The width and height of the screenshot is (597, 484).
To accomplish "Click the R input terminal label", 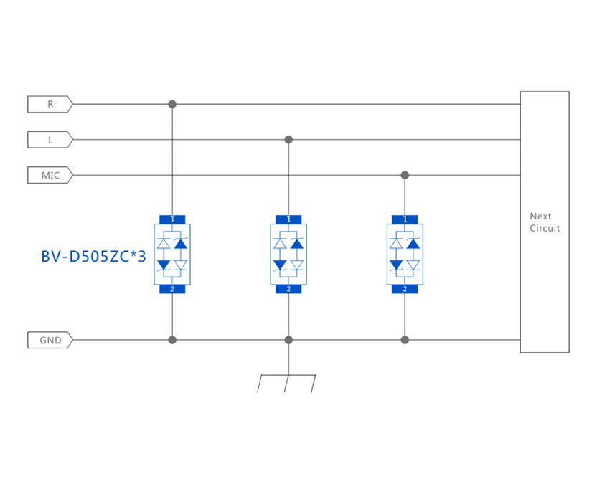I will pos(50,104).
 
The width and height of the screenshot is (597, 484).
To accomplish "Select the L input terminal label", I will pos(50,140).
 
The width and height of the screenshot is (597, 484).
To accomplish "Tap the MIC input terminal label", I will pos(50,175).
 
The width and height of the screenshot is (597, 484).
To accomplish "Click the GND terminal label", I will pos(50,340).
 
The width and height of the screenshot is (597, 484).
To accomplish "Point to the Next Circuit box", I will pos(545,222).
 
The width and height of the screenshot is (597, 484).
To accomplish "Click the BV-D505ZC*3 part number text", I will pos(93,256).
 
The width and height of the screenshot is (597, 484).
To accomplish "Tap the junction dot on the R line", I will pos(172,104).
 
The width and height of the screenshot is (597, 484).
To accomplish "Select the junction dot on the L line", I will pos(288,140).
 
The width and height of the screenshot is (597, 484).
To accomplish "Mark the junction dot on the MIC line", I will pos(405,175).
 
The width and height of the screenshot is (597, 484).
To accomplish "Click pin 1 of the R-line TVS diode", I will pos(172,219).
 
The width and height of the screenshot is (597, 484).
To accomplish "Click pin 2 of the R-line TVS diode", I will pos(172,289).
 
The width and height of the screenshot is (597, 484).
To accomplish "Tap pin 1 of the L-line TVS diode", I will pos(288,219).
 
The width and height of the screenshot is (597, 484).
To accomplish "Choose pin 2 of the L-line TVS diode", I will pos(288,289).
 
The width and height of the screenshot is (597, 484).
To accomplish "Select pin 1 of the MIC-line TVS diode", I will pos(405,219).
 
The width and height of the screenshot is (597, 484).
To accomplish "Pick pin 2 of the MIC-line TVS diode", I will pos(405,289).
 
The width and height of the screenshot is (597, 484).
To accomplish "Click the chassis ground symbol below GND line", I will pos(287,381).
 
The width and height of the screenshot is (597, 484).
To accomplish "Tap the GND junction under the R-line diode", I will pos(172,340).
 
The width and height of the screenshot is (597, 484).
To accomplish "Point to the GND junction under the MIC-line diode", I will pos(405,340).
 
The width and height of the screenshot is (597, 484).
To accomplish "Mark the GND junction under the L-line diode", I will pos(288,340).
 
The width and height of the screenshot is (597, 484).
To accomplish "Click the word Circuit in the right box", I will pos(545,229).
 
